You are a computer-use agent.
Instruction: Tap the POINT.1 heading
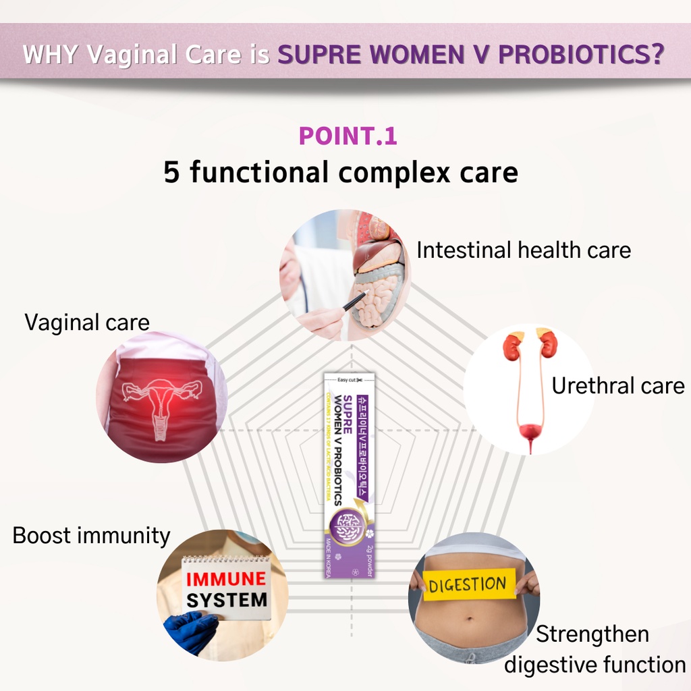[x=348, y=136]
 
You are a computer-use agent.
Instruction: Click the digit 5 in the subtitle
[x=171, y=173]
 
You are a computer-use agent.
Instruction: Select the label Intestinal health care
[x=524, y=250]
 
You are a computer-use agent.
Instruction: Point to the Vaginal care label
[x=87, y=323]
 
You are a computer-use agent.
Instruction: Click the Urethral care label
[x=617, y=386]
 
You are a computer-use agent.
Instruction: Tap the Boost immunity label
[x=91, y=536]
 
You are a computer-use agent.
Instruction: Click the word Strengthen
[x=592, y=634]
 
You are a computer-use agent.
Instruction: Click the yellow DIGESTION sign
[x=467, y=584]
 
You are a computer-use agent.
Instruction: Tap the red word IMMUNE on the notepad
[x=226, y=579]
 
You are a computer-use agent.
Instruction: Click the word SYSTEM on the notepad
[x=227, y=600]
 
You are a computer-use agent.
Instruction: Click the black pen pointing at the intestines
[x=355, y=301]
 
